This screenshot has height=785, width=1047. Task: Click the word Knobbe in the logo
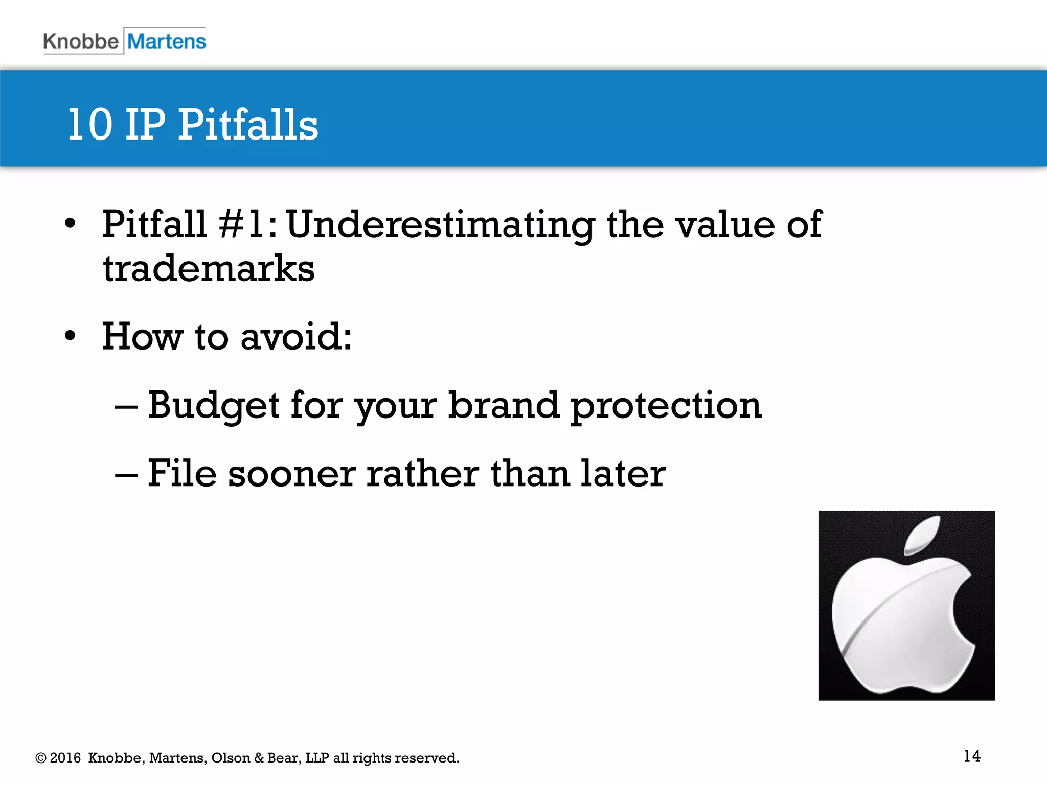coord(81,41)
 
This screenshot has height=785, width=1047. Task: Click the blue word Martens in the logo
coord(166,41)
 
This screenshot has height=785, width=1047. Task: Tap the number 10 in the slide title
coord(90,125)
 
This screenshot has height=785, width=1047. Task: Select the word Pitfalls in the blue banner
coord(248,125)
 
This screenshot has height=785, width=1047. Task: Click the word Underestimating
coord(441,225)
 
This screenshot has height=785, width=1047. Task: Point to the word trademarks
coord(209,269)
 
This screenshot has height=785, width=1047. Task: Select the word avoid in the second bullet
coord(295,337)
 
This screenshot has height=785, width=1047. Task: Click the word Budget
coord(213,405)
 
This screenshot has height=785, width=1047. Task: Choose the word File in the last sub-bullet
coord(182,473)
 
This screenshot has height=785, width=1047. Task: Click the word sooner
coord(291,474)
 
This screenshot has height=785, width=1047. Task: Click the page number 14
coord(972,756)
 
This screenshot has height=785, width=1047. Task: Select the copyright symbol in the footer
coord(41,758)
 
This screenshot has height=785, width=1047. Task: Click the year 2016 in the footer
coord(65,758)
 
